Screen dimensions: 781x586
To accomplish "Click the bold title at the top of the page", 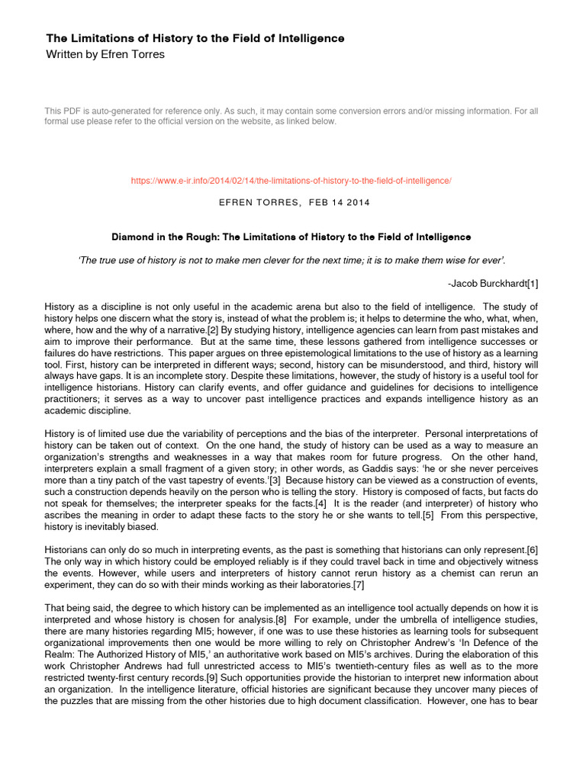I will click(195, 38).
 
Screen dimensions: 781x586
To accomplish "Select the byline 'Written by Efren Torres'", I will click(105, 55).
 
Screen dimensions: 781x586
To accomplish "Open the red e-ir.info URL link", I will click(291, 181).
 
